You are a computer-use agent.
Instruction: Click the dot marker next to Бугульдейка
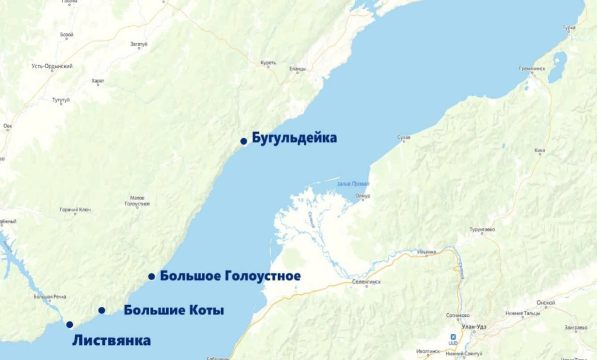click(244, 141)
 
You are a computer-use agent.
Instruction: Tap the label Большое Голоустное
click(230, 276)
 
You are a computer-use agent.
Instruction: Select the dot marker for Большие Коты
click(101, 310)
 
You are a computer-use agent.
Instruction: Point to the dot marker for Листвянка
click(69, 324)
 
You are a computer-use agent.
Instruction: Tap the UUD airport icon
click(454, 336)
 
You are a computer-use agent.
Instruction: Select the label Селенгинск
click(366, 282)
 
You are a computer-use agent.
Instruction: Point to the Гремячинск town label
click(532, 68)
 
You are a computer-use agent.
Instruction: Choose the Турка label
click(569, 27)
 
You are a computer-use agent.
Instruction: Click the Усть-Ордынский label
click(52, 67)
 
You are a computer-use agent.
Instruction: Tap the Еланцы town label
click(297, 69)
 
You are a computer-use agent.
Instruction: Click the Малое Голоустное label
click(138, 201)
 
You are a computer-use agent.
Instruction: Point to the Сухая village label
click(403, 138)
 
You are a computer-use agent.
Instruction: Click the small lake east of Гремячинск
click(557, 66)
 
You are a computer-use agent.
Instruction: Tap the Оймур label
click(362, 196)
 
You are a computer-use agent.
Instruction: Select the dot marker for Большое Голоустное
click(152, 276)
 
